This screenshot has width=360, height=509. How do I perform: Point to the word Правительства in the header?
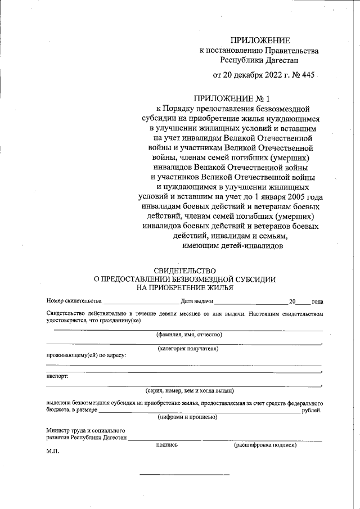click(x=285, y=51)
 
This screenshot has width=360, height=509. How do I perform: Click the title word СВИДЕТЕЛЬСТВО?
click(x=184, y=271)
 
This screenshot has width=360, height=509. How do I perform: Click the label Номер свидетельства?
click(x=74, y=301)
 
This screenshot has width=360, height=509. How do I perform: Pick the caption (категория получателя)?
click(x=188, y=349)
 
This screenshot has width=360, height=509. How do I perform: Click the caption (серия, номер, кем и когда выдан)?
click(x=189, y=390)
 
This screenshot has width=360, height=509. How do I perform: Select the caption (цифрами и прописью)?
click(x=187, y=417)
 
